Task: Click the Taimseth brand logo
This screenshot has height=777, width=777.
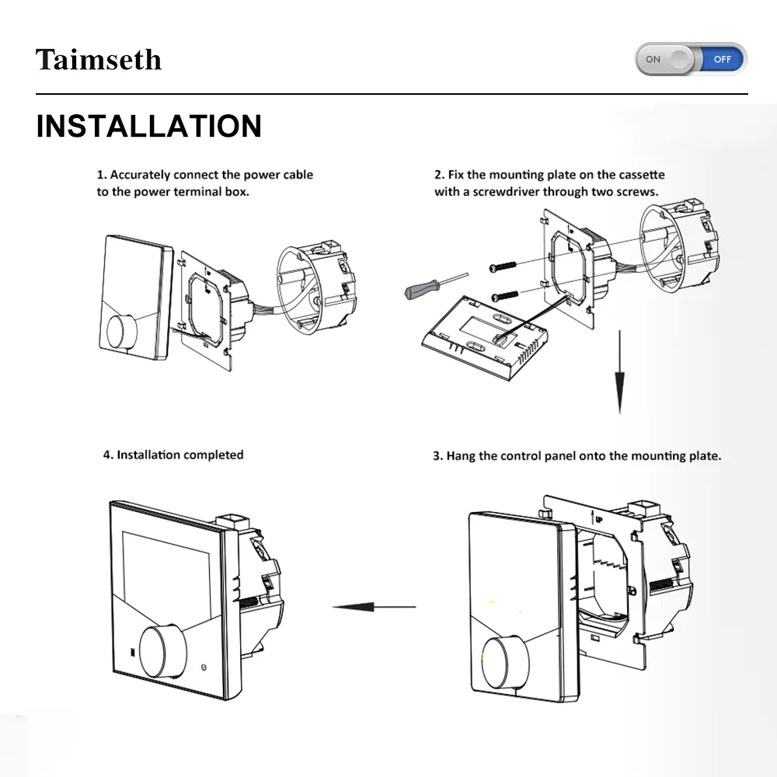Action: point(99,60)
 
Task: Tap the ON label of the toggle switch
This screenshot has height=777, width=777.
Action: point(653,59)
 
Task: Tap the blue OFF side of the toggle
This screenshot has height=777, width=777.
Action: point(722,59)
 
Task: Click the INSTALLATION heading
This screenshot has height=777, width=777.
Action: point(149,126)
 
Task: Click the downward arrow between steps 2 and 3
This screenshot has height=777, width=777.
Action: point(620,373)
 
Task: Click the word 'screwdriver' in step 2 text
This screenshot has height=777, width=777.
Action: point(504,191)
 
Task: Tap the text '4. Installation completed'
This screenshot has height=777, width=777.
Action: point(173,455)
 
